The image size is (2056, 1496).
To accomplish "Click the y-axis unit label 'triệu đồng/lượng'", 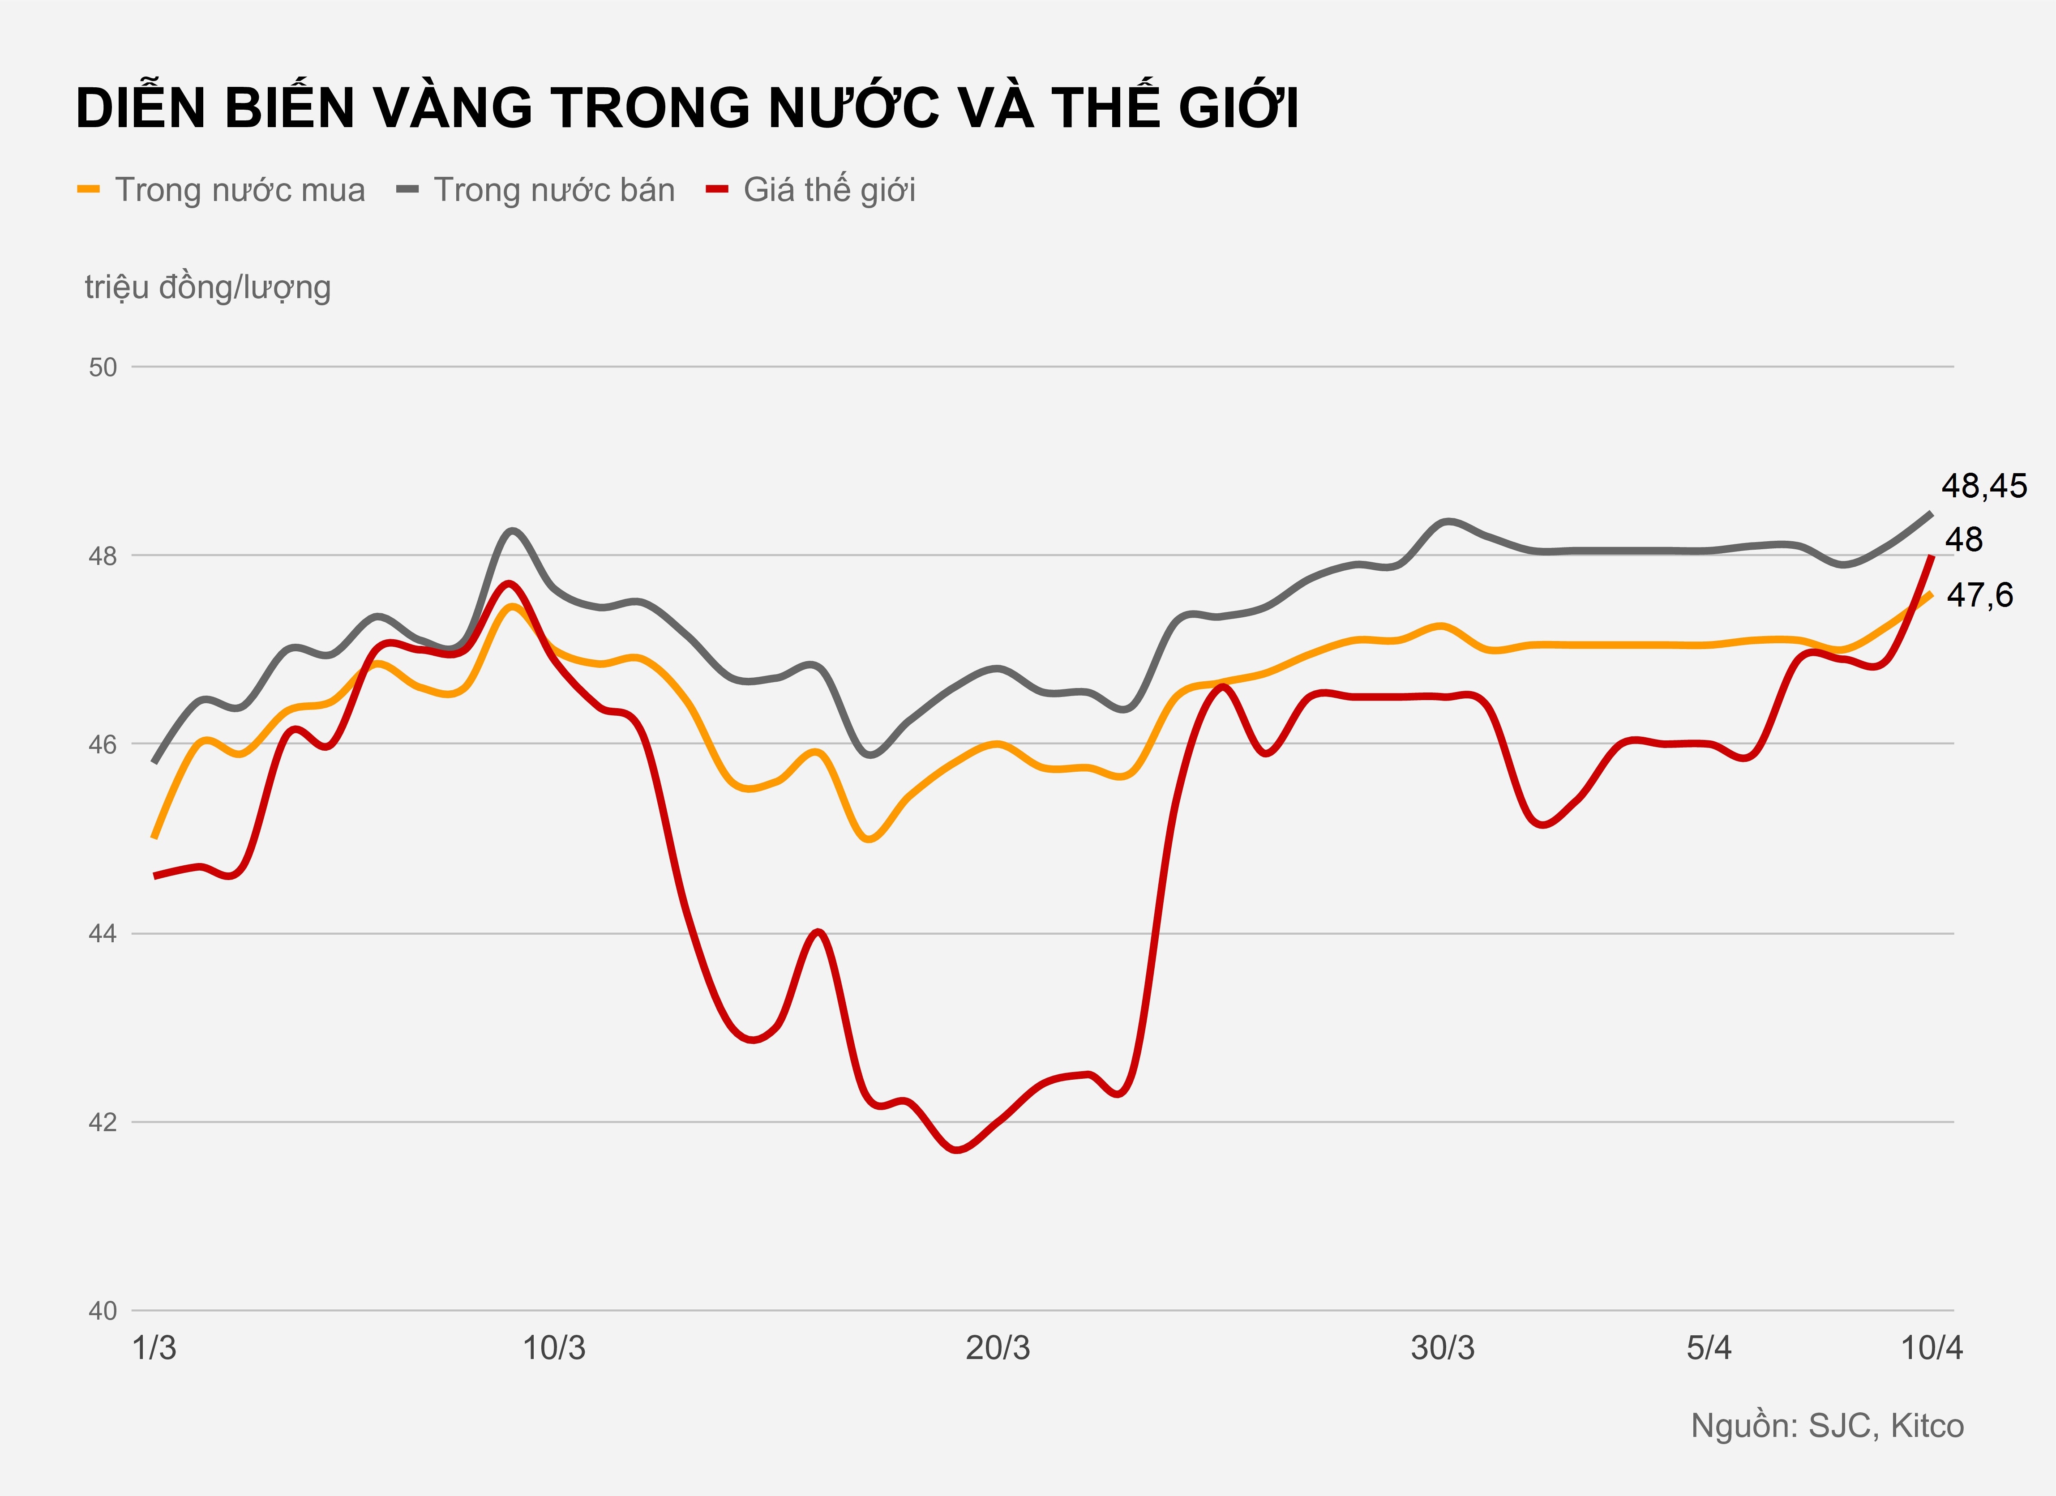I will tap(208, 287).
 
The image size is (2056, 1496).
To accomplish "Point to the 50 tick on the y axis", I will tap(103, 367).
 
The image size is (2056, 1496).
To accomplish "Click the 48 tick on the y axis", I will tap(103, 556).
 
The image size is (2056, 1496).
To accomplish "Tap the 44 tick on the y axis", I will tap(103, 933).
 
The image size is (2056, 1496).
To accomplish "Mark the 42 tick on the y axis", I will tap(103, 1122).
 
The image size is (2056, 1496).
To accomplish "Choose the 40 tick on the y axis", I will tap(103, 1310).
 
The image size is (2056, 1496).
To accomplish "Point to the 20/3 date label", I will tap(997, 1348).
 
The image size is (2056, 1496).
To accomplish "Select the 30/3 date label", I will tap(1442, 1348).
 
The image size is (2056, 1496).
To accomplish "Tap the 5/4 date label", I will tap(1709, 1348).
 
